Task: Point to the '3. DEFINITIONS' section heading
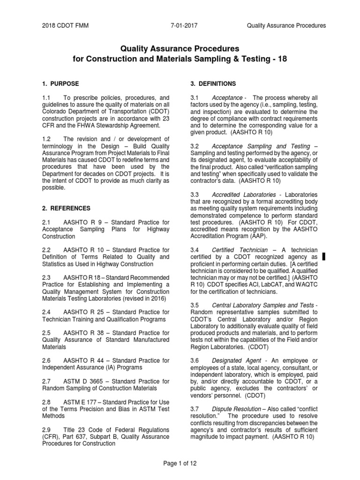point(206,83)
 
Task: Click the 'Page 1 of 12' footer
point(180,464)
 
